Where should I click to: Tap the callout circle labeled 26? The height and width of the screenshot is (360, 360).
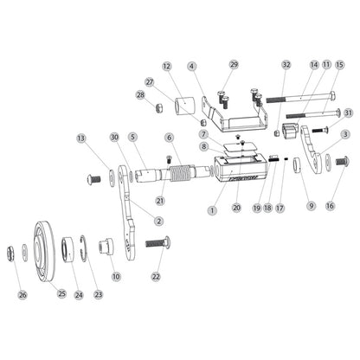(x=22, y=294)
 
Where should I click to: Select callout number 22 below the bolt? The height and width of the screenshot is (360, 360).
(x=156, y=276)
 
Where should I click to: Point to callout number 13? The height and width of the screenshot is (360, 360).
(x=81, y=138)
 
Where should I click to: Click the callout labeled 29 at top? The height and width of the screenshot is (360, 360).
(x=233, y=65)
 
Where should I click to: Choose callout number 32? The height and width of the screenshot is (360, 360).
(x=286, y=65)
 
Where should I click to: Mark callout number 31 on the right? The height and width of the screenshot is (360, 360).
(x=348, y=112)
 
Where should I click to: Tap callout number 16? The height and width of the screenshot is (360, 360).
(x=329, y=206)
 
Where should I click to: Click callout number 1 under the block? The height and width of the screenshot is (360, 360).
(x=211, y=209)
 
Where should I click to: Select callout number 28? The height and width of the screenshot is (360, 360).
(x=140, y=96)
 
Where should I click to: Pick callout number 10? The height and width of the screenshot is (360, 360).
(x=116, y=276)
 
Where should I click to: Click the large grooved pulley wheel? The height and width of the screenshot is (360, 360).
(x=46, y=247)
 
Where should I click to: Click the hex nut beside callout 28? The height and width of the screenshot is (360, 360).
(x=158, y=107)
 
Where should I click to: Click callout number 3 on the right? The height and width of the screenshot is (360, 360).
(x=345, y=134)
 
